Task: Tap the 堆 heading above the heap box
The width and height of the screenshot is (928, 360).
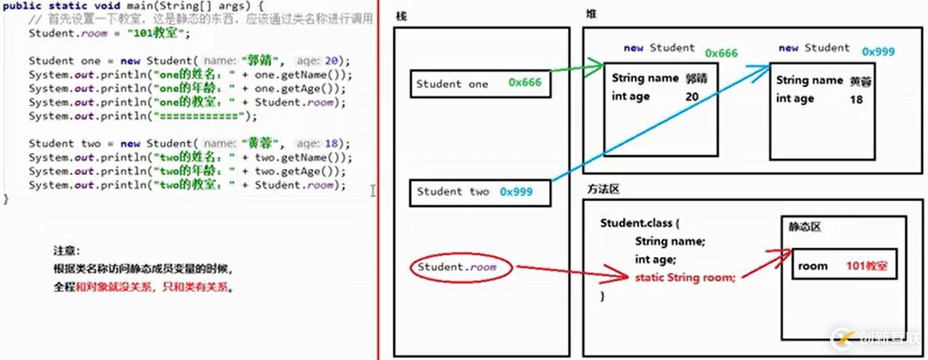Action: click(592, 15)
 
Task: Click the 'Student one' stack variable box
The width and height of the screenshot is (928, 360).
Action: click(480, 83)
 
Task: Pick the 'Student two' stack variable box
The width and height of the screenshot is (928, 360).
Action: click(480, 192)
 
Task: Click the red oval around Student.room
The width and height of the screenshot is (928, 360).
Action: click(461, 268)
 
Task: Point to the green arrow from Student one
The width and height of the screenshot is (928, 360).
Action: click(577, 70)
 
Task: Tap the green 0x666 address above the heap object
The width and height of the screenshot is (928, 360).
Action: click(721, 53)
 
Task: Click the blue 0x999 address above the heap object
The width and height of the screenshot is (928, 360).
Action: click(879, 52)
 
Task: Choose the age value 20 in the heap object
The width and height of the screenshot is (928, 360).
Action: click(691, 97)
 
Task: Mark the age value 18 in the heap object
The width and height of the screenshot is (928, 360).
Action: click(856, 99)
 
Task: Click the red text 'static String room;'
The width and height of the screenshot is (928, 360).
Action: click(685, 277)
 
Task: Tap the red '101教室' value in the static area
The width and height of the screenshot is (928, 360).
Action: click(866, 266)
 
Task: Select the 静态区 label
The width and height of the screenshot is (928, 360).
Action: click(805, 227)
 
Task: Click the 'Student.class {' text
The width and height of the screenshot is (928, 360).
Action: click(640, 223)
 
